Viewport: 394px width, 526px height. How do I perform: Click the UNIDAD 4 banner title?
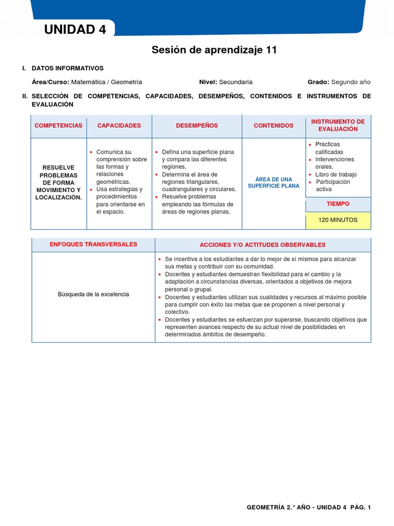75,30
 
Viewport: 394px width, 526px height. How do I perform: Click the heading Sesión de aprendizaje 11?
214,50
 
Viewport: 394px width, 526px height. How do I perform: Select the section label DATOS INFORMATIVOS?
67,68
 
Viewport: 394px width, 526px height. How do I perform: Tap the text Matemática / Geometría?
107,82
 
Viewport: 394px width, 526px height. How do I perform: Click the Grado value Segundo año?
350,82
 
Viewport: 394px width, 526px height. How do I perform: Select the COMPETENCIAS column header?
58,126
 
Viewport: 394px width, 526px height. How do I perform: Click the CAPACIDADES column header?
119,126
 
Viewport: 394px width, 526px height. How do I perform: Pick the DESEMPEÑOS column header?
197,126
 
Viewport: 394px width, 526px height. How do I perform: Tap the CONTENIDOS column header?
273,126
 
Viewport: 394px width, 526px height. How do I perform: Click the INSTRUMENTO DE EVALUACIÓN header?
338,125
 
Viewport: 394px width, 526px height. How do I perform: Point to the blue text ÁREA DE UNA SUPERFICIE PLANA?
273,182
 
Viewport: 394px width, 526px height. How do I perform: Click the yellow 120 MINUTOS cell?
338,220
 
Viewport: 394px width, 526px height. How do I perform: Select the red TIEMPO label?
338,204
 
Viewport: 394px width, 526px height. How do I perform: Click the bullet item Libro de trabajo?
336,174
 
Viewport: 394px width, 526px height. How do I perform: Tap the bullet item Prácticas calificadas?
329,148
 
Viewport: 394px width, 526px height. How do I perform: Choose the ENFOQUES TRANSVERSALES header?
93,245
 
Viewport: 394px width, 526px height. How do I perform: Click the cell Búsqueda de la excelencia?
93,294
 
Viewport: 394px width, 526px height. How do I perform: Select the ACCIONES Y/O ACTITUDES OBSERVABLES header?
262,245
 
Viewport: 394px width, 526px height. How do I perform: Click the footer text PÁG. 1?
360,508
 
